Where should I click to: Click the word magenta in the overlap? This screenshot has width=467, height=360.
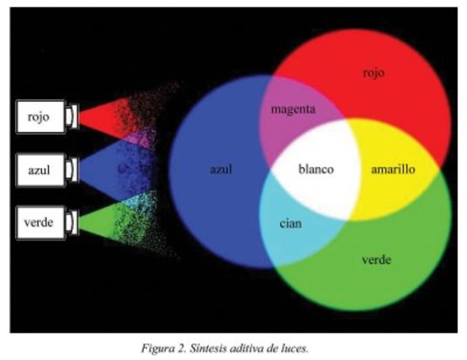pyautogui.click(x=293, y=109)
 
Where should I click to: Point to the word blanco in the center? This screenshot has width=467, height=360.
pyautogui.click(x=316, y=169)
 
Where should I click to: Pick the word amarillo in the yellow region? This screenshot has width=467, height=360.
pyautogui.click(x=393, y=169)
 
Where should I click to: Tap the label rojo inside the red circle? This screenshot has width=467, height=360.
pyautogui.click(x=374, y=73)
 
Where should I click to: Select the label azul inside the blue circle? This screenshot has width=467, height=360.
pyautogui.click(x=220, y=169)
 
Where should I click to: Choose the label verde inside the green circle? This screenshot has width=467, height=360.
pyautogui.click(x=376, y=260)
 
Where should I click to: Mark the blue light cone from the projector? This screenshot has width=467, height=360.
pyautogui.click(x=105, y=169)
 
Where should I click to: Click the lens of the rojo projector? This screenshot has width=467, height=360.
pyautogui.click(x=71, y=117)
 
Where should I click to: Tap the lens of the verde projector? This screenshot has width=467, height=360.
pyautogui.click(x=71, y=221)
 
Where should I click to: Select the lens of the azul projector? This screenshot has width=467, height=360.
pyautogui.click(x=71, y=169)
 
